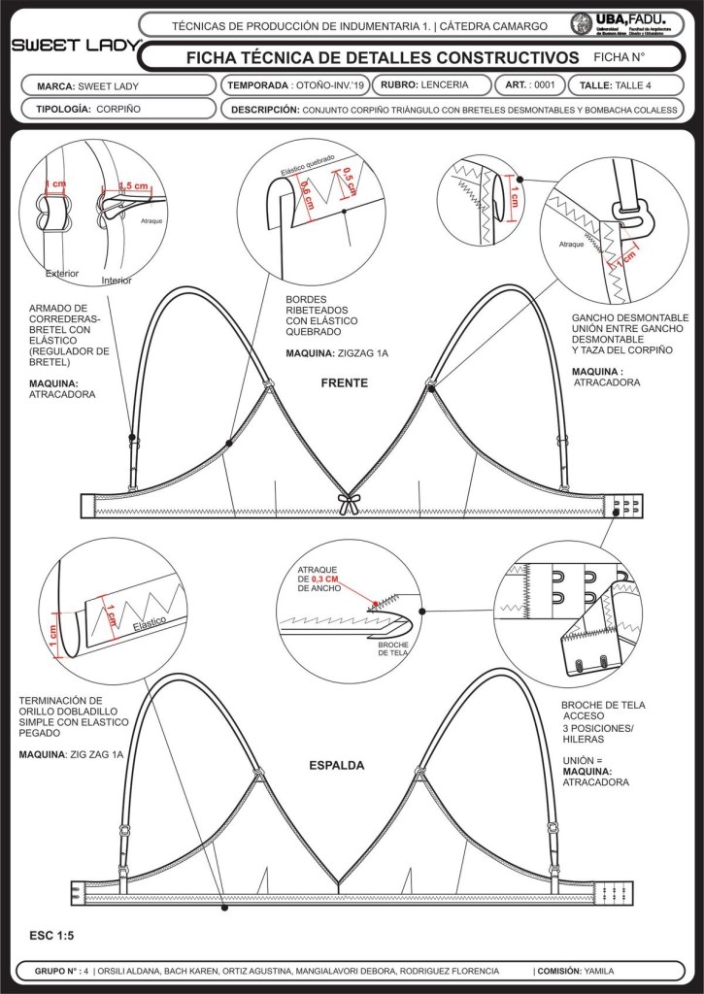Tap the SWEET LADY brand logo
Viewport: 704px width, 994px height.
click(x=74, y=46)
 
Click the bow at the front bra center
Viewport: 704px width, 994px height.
click(x=348, y=502)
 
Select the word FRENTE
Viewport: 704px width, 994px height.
click(x=345, y=383)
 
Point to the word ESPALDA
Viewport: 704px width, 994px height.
click(x=337, y=765)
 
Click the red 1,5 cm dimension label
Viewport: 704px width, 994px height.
click(x=133, y=185)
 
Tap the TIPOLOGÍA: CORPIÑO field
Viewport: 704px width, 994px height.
click(x=89, y=109)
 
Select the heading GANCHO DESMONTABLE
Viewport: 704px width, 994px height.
click(x=630, y=317)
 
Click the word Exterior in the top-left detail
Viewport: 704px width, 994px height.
click(x=62, y=273)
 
